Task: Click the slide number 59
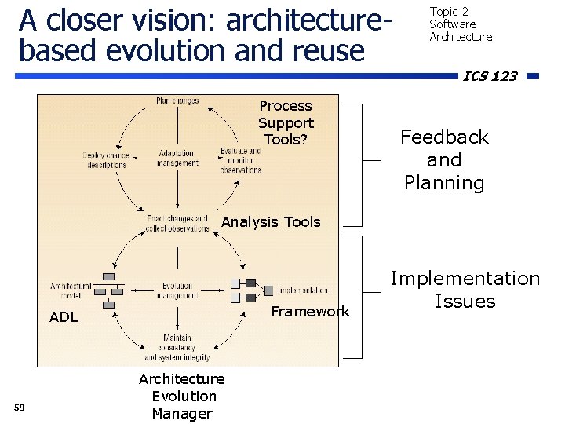[x=20, y=406]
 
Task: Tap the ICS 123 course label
[x=490, y=76]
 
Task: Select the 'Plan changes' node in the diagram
[x=177, y=101]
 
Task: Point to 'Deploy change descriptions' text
[x=106, y=160]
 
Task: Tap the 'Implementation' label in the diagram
[x=302, y=290]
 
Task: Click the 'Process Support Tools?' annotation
[x=286, y=122]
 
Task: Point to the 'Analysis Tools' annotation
[x=271, y=222]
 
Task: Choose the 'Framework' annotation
[x=310, y=312]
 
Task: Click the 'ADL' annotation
[x=63, y=318]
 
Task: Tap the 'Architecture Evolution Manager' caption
[x=182, y=397]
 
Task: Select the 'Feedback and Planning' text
[x=444, y=160]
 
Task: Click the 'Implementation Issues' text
[x=465, y=290]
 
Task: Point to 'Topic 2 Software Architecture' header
[x=460, y=24]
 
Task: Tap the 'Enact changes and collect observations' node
[x=177, y=223]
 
